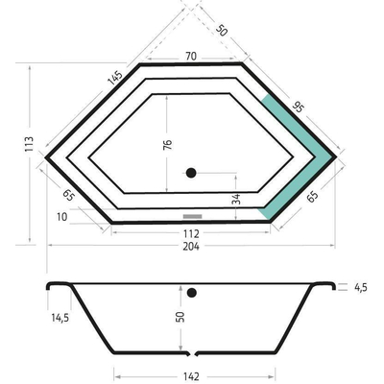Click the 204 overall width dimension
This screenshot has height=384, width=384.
point(191,246)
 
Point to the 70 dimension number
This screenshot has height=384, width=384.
point(190,57)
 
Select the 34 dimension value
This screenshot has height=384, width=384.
point(236,199)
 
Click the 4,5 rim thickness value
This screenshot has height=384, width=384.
point(361,286)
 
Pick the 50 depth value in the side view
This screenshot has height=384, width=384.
point(180,317)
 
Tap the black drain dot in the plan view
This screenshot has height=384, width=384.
point(191,174)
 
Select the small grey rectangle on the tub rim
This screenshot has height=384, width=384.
point(191,216)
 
